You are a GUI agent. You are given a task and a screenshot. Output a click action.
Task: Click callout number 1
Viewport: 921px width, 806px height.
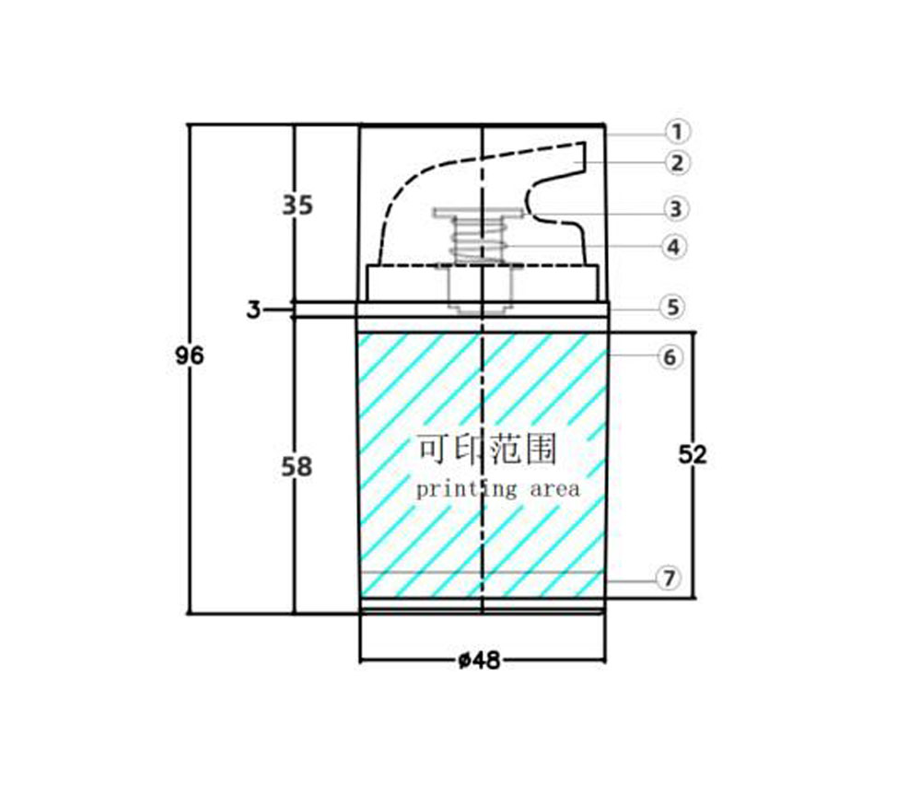[x=677, y=132]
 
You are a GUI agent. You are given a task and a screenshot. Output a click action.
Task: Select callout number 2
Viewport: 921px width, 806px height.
[x=677, y=163]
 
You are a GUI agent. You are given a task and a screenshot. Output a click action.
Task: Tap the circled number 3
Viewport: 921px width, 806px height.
[x=675, y=208]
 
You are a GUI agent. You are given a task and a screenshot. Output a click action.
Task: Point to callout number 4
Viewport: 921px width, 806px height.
[x=674, y=247]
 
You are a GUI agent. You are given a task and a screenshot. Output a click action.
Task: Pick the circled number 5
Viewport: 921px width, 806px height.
[x=672, y=307]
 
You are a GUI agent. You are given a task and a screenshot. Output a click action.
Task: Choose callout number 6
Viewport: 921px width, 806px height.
[x=670, y=356]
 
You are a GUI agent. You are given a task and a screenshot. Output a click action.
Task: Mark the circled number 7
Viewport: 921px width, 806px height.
[x=669, y=578]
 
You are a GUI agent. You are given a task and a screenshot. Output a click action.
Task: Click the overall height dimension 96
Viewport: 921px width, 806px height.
[x=189, y=356]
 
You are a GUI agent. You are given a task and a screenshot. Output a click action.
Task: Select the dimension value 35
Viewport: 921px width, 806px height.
[x=297, y=205]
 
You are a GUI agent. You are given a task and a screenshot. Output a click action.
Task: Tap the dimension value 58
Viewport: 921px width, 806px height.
[x=297, y=467]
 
